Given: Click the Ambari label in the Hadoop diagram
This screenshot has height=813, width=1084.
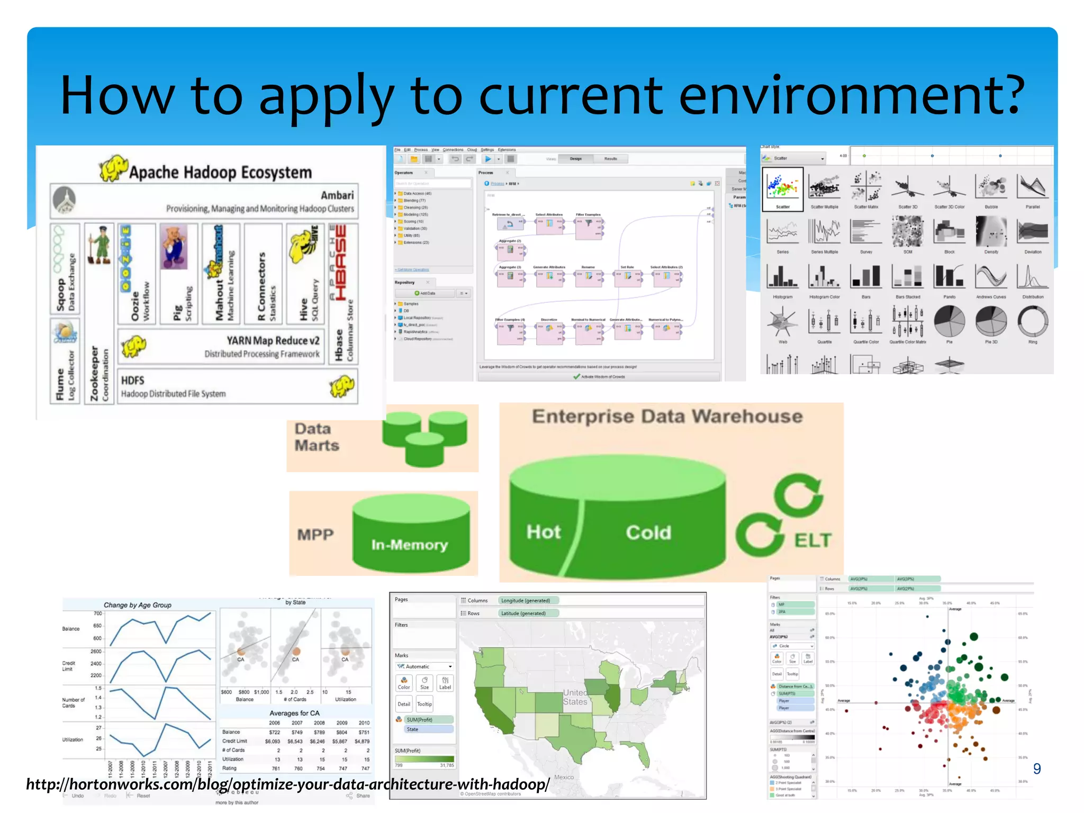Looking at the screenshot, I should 337,195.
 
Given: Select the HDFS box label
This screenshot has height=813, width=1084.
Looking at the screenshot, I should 133,381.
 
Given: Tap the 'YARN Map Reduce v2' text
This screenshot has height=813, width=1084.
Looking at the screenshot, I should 273,340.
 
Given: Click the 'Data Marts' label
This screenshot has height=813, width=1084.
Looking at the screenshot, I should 317,437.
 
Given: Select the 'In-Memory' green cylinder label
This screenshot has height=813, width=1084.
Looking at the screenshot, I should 409,545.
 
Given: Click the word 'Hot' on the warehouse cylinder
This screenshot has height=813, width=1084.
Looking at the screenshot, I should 544,532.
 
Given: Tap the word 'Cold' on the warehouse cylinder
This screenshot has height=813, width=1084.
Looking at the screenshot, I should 648,532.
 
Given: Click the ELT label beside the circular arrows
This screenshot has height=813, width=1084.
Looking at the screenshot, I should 813,540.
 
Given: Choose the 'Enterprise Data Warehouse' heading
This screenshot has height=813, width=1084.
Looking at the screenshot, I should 667,417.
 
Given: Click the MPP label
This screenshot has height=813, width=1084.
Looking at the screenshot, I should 315,535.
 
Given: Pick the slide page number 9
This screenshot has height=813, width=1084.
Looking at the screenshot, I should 1037,769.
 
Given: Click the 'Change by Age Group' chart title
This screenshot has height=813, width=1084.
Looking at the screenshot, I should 138,605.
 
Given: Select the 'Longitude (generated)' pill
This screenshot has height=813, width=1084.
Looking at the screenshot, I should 526,601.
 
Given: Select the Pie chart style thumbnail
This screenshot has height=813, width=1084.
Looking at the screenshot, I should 949,323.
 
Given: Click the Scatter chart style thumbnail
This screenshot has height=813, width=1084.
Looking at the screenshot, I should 782,189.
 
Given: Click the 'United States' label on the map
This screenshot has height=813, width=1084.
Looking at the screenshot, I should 575,697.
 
